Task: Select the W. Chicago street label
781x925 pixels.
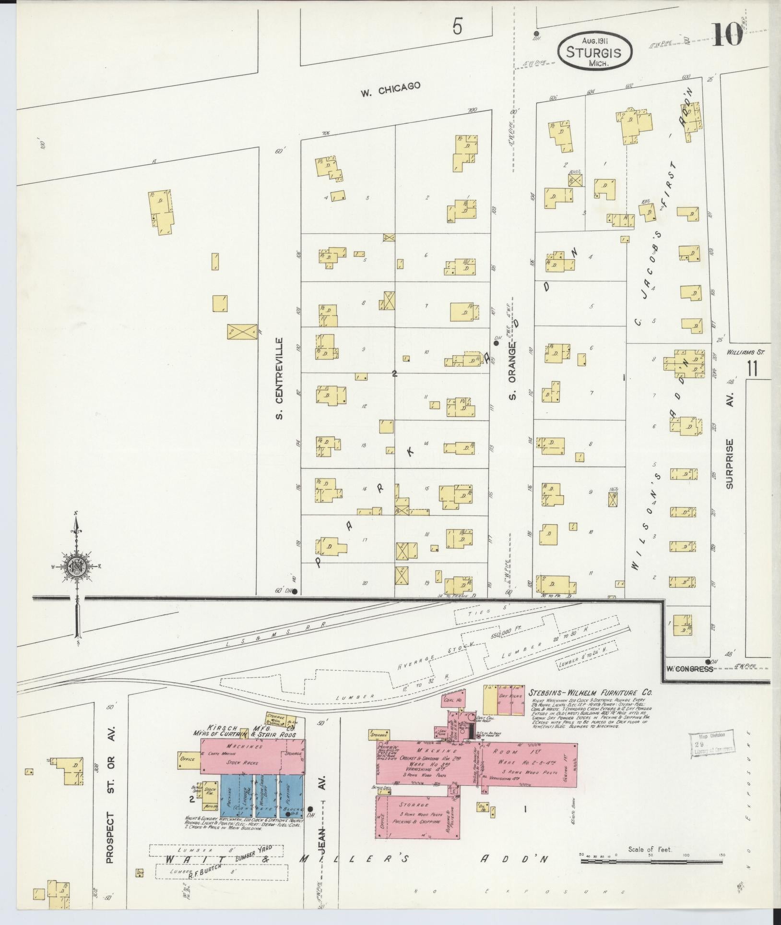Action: tap(390, 89)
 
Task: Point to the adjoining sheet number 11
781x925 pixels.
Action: tap(752, 370)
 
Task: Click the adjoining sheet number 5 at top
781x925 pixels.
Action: tap(457, 28)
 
